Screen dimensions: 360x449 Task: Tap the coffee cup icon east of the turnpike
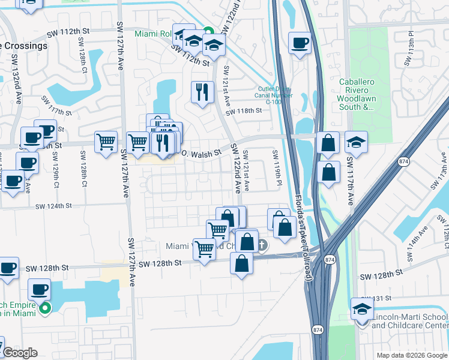(x=300, y=43)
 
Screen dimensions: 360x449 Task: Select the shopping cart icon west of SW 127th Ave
(x=106, y=142)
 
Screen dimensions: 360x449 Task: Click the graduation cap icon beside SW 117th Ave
(x=356, y=142)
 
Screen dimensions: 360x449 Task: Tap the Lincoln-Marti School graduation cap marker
(x=362, y=309)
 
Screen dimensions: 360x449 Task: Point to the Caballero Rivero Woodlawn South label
(x=356, y=94)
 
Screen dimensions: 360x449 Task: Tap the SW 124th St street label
(x=53, y=206)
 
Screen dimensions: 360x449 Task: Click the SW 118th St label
(x=244, y=111)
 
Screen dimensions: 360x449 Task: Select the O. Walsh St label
(x=202, y=151)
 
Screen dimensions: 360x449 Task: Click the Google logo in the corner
(x=20, y=353)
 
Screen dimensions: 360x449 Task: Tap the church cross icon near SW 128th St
(x=263, y=245)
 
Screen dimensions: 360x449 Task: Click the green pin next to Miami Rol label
(x=208, y=32)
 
